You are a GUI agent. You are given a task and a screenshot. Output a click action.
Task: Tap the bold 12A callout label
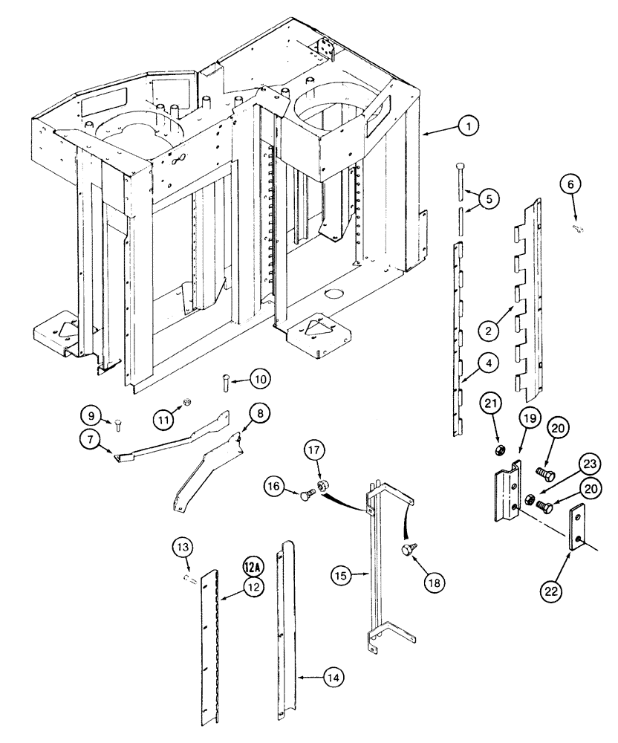click(x=251, y=568)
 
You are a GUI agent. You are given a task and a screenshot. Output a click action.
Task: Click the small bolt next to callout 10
click(x=224, y=383)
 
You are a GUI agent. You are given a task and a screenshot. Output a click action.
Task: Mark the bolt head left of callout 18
click(x=406, y=551)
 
